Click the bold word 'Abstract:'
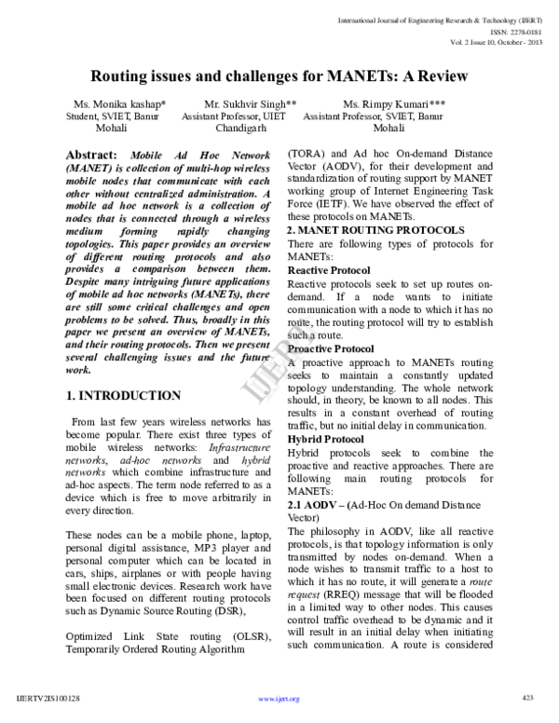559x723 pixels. click(x=92, y=154)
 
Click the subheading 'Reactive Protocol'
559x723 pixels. click(x=329, y=244)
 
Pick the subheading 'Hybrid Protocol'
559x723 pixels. click(x=325, y=438)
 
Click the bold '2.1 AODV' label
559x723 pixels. click(x=313, y=503)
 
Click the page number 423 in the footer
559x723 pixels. click(x=527, y=697)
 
